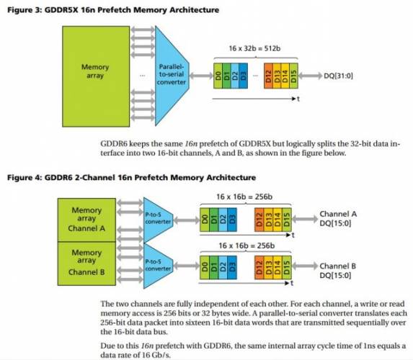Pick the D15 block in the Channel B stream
tap(288, 266)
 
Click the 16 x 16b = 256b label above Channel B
tap(245, 246)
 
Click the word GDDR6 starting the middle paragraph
tap(118, 145)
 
